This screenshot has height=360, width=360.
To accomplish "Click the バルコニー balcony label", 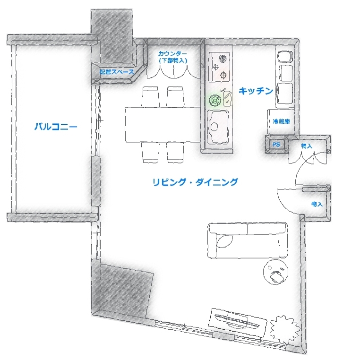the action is click(56, 127).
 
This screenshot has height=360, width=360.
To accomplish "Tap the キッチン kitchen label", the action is click(256, 91).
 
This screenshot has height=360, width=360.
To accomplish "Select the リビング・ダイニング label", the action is click(195, 182).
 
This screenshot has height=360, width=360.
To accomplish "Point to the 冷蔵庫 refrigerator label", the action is click(281, 121).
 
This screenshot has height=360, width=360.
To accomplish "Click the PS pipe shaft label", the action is click(276, 145).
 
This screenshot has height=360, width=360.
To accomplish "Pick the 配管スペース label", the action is click(117, 72).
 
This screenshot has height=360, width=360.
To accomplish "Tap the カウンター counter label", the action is click(172, 54).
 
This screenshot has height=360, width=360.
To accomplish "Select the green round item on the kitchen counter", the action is click(215, 100).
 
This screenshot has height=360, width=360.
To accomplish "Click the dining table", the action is click(163, 124).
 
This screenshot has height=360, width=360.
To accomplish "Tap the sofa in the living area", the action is click(248, 240).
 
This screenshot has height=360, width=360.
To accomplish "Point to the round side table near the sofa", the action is click(276, 273).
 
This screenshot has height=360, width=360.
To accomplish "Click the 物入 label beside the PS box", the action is click(307, 146).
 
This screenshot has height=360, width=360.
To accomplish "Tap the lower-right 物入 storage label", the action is click(317, 204).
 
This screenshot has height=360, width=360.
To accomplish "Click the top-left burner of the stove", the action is click(222, 59).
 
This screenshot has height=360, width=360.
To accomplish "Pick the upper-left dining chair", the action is click(151, 97).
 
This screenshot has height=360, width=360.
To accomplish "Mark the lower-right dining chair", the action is click(175, 153).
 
